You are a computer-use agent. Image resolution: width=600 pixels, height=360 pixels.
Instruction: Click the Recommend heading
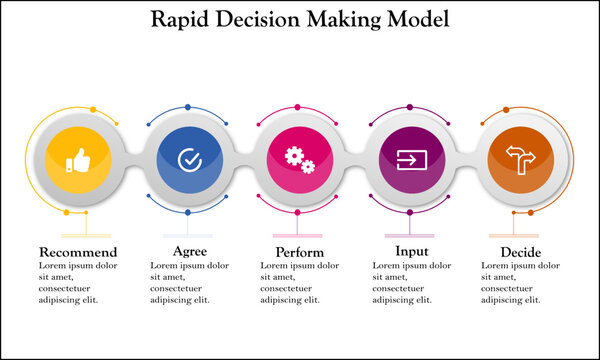point(78,251)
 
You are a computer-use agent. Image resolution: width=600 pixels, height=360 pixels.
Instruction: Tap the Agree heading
point(189,251)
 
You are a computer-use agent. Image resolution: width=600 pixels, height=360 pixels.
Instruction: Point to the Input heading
point(411,251)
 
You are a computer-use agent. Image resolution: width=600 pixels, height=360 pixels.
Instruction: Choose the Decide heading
point(521,251)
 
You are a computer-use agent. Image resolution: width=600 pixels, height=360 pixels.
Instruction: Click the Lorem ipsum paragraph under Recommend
point(78,282)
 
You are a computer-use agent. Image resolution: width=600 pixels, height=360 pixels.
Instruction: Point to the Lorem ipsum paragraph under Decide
point(521,282)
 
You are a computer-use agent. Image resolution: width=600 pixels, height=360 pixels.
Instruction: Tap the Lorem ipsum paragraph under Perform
point(300,282)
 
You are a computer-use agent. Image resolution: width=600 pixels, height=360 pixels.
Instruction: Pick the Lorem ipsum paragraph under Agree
point(189,282)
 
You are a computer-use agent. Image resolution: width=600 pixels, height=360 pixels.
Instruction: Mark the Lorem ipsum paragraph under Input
point(411,282)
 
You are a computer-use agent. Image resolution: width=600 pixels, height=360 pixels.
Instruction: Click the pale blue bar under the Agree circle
point(188,239)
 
